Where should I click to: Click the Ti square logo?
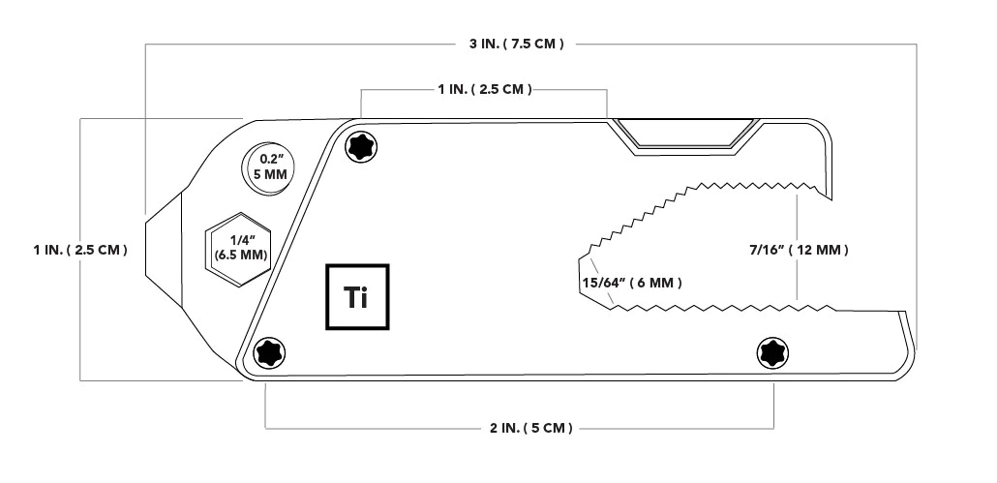pos(356,297)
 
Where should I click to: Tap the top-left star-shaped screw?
pos(362,146)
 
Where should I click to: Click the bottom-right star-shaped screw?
pos(772,353)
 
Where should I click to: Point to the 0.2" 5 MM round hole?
pos(266,166)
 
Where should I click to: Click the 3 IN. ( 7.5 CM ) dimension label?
pos(510,44)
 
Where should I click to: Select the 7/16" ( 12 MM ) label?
pos(799,250)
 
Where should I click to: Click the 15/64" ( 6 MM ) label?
pos(632,283)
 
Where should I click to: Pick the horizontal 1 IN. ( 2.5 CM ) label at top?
pos(483,89)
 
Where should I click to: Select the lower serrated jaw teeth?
pos(726,308)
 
